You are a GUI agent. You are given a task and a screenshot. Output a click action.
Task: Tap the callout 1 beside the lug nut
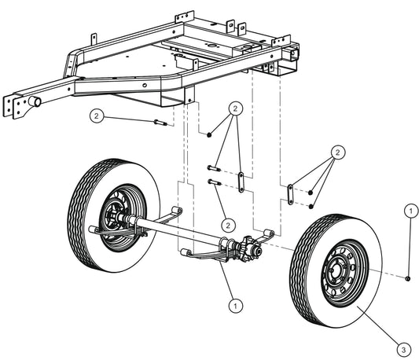click(410, 210)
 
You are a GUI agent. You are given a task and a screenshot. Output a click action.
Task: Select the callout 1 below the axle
click(233, 300)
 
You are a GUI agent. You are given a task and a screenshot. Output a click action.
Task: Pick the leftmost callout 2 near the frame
click(96, 116)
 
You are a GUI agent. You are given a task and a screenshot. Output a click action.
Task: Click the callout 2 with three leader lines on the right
click(337, 151)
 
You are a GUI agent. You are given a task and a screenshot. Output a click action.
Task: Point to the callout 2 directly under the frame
click(234, 108)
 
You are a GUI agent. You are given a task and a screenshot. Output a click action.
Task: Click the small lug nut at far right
click(410, 278)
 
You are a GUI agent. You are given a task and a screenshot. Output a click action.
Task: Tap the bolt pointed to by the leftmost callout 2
click(160, 122)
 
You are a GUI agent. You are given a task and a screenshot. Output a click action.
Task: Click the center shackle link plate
click(240, 178)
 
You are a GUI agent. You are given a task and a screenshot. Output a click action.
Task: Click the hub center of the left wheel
click(112, 218)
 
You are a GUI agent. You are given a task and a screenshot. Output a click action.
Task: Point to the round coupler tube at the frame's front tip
click(35, 102)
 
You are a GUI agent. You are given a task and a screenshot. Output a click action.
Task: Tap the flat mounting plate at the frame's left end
click(15, 106)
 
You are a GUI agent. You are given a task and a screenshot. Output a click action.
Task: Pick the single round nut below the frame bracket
click(210, 135)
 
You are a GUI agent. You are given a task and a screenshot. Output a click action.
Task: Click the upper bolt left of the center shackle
click(213, 167)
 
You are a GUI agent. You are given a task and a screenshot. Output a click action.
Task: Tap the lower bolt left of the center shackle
click(213, 182)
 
